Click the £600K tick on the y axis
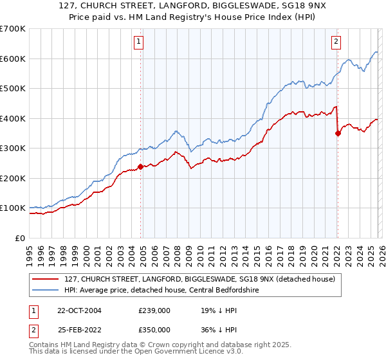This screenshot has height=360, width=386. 13,59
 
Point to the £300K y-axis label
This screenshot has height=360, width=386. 13,148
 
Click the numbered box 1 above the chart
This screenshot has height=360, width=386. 139,42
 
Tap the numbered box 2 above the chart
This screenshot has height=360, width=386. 336,42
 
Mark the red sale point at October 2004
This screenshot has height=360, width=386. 140,166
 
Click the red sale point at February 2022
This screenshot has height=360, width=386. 337,133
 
